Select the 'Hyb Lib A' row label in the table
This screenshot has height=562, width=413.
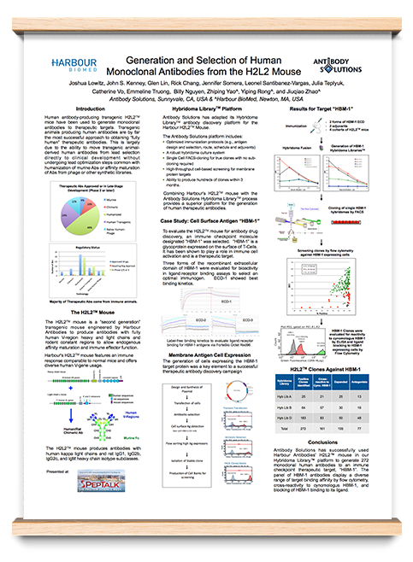click(289, 397)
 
